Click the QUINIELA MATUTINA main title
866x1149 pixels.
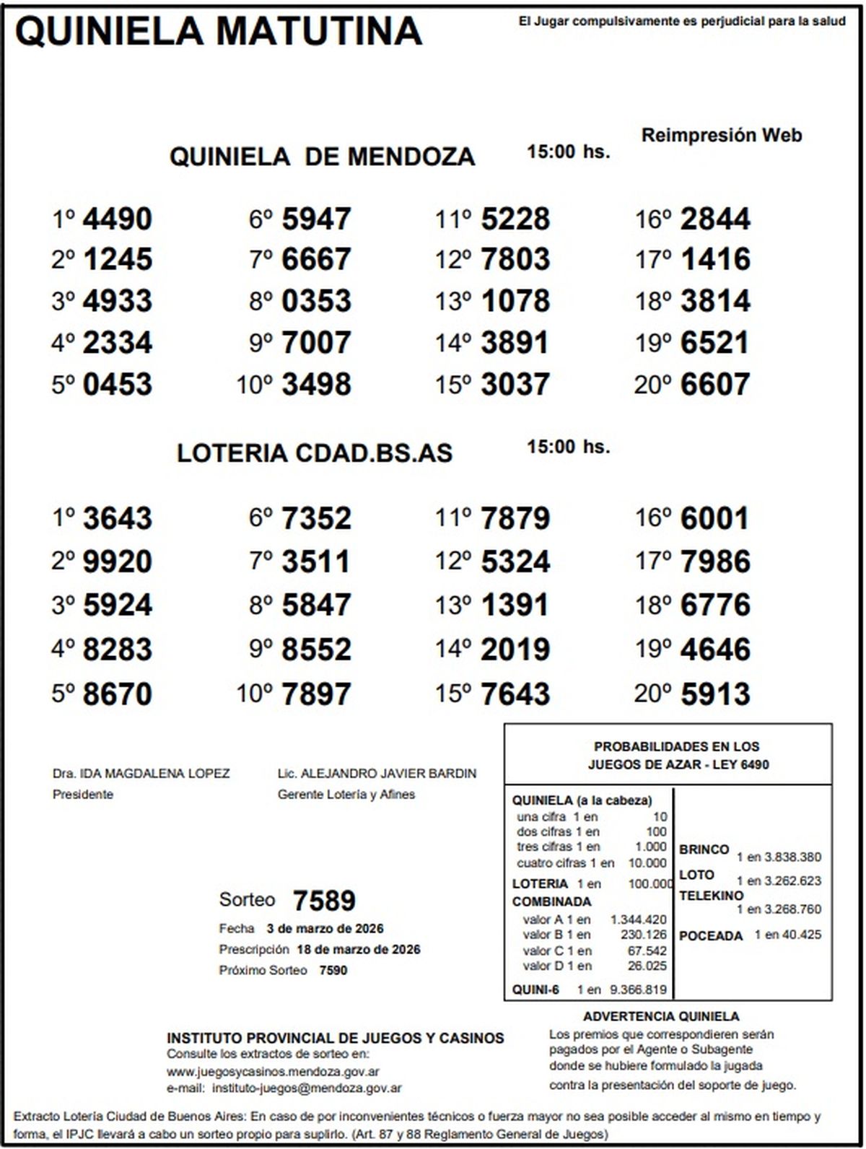(218, 31)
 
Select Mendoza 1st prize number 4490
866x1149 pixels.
(118, 219)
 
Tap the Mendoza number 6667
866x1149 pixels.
(316, 259)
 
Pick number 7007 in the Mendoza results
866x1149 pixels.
(316, 343)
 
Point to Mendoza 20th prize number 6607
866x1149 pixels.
(714, 385)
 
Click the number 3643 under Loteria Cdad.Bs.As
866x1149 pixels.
(118, 519)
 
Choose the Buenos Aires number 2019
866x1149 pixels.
(515, 650)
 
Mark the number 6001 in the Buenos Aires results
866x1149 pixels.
(714, 519)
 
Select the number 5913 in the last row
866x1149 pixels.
(714, 694)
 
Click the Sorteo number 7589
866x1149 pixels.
(324, 901)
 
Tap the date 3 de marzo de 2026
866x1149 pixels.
(325, 928)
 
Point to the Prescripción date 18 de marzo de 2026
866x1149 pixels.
(358, 949)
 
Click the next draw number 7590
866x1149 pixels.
(333, 970)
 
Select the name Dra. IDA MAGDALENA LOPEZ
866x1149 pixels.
(141, 774)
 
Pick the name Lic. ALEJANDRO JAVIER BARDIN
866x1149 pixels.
(377, 774)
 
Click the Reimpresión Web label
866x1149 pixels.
(722, 135)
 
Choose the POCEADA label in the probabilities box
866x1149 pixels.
(710, 936)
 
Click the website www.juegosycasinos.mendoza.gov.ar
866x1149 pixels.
(273, 1072)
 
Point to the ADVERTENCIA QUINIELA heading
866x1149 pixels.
(661, 1017)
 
